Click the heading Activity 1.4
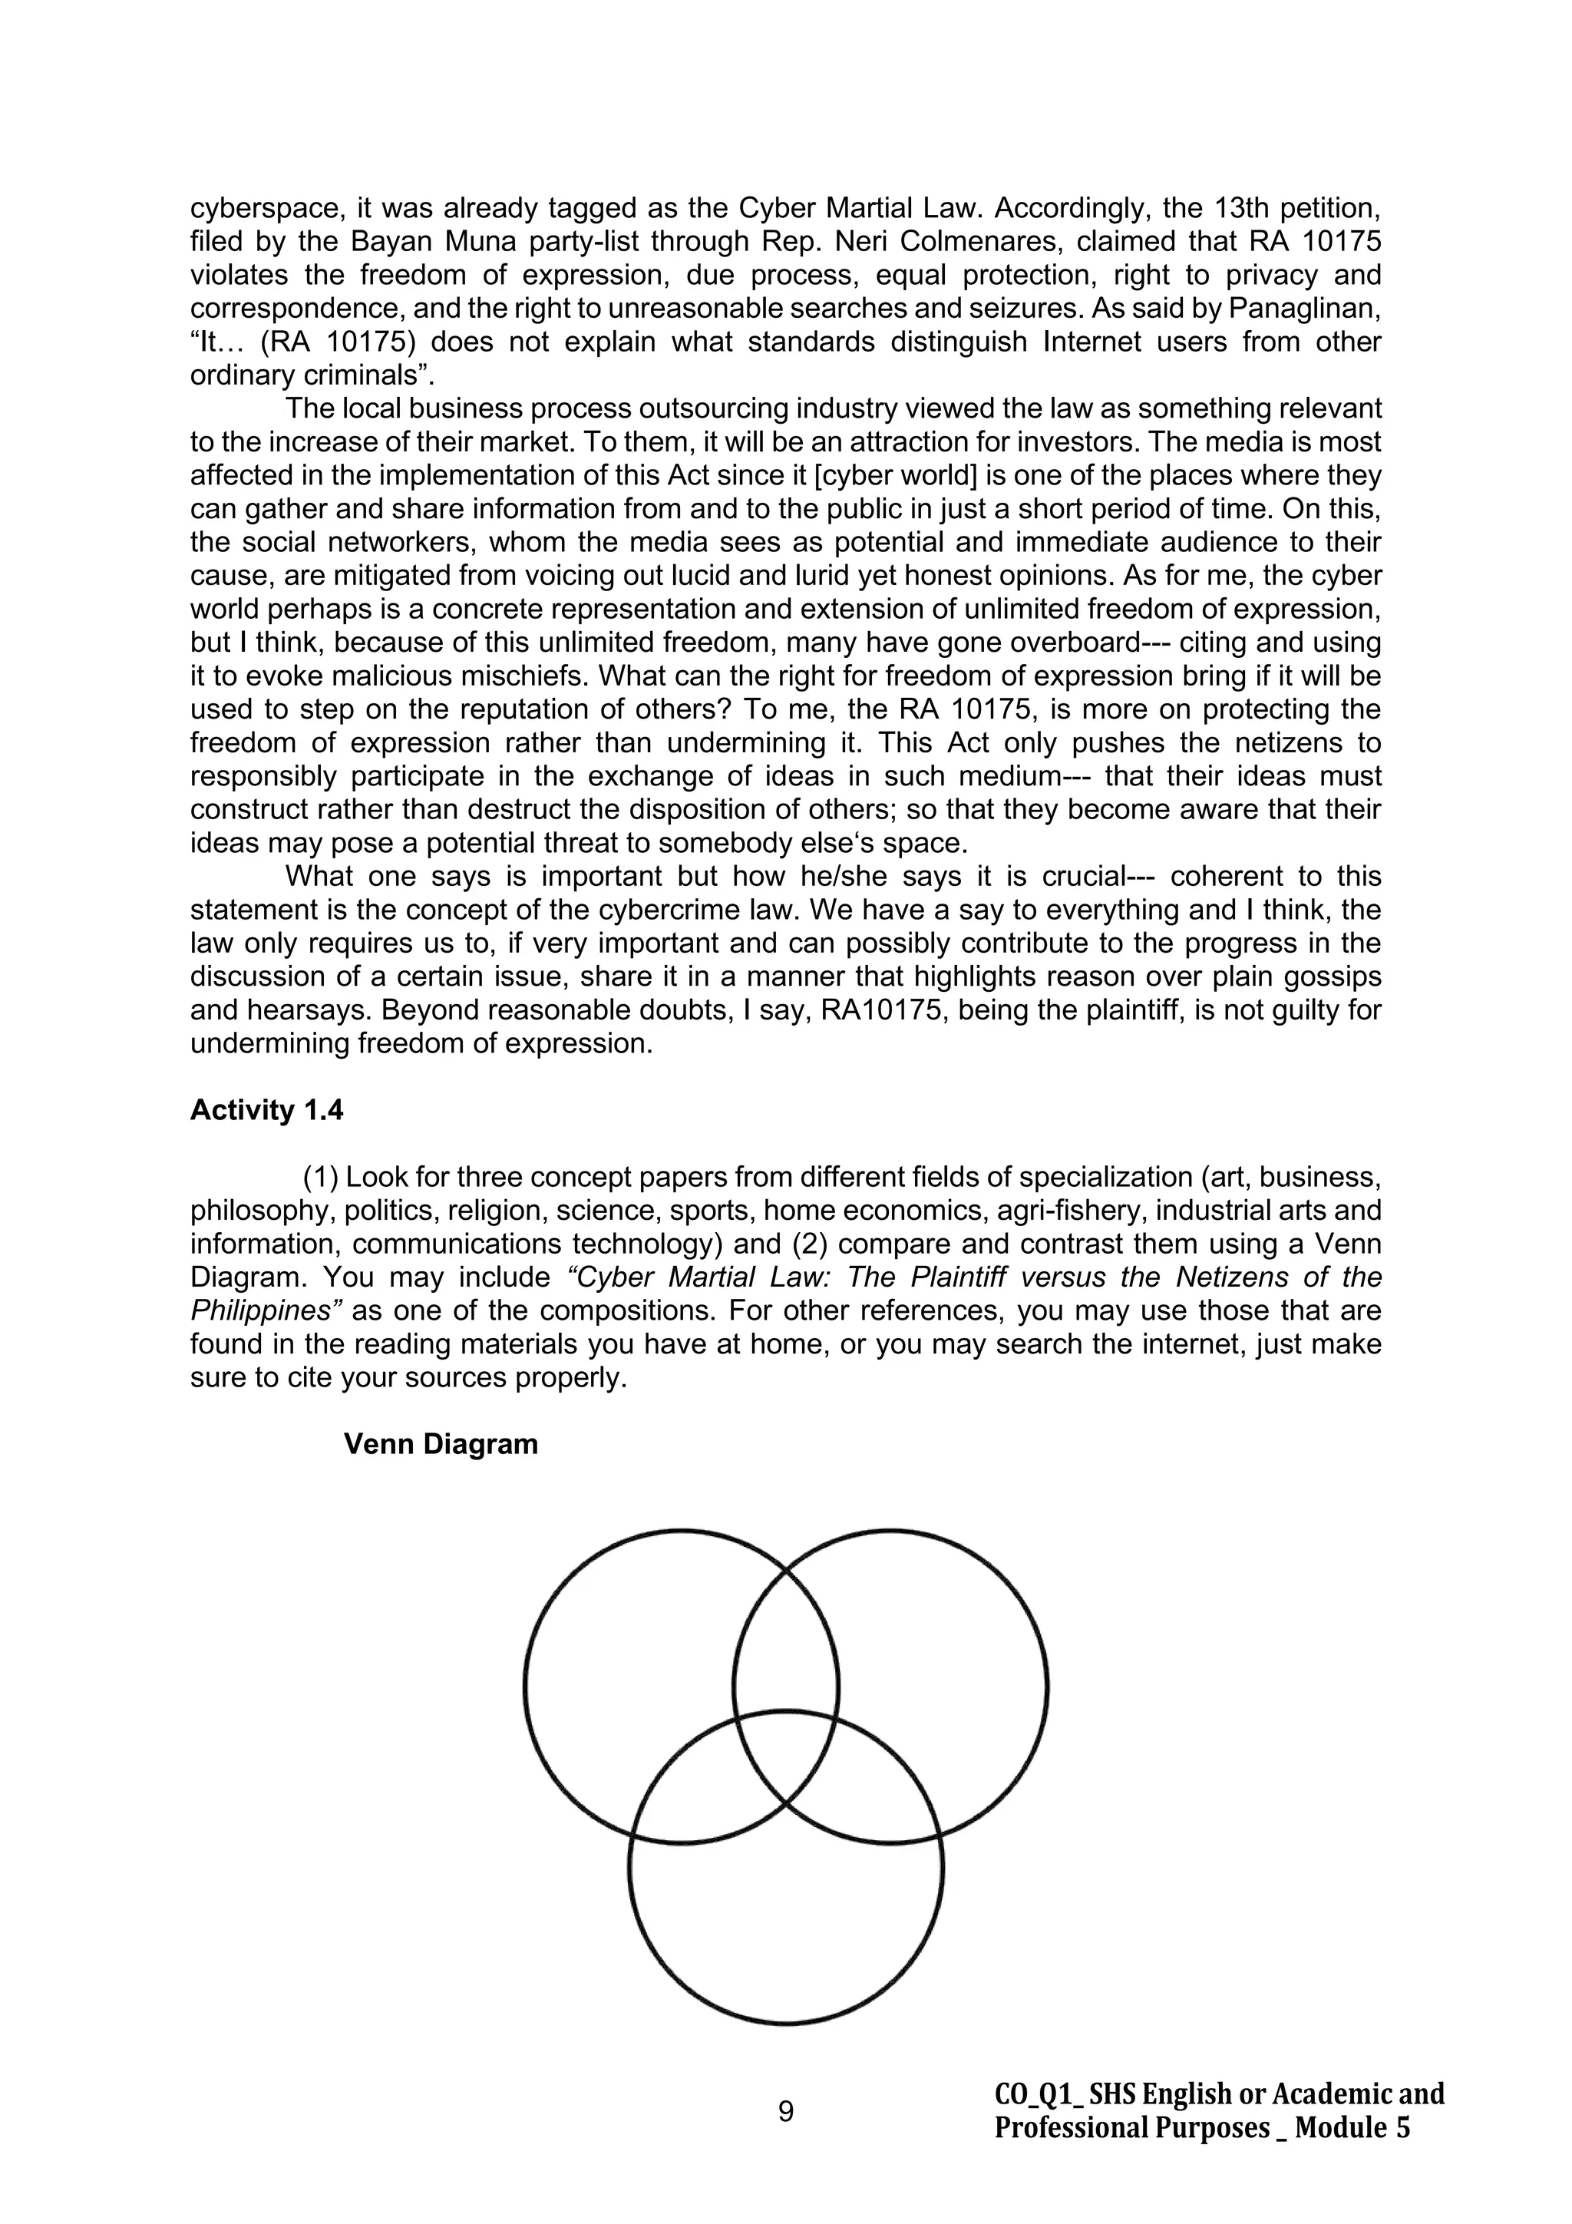pos(266,1110)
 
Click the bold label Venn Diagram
pos(441,1444)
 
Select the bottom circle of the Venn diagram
pos(785,1928)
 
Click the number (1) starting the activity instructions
pos(321,1178)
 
